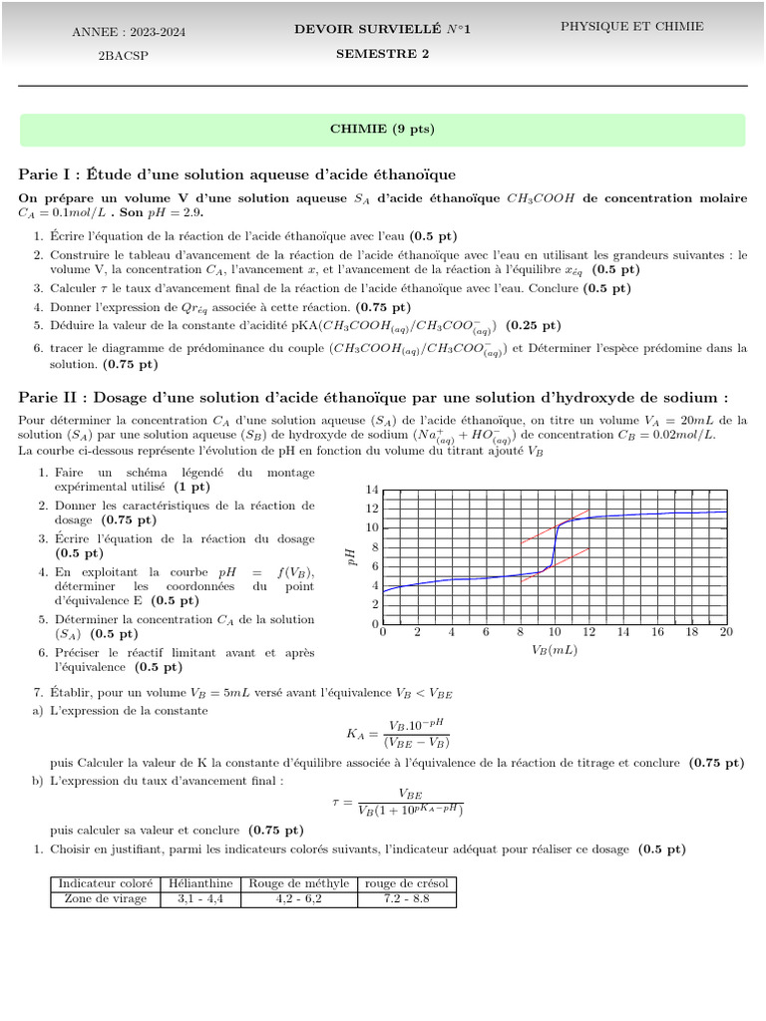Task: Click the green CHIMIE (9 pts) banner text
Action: (x=382, y=130)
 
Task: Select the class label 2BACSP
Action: (x=122, y=56)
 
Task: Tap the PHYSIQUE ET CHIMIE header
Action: (x=631, y=27)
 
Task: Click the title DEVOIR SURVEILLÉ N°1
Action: (x=382, y=30)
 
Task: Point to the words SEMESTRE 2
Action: (x=382, y=54)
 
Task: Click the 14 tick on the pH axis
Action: (x=373, y=490)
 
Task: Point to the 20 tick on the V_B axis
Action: (x=725, y=632)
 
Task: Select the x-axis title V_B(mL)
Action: (x=555, y=650)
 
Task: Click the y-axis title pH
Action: (x=351, y=557)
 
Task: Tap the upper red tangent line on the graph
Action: (x=555, y=527)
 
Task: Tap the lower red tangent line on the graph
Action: (x=555, y=564)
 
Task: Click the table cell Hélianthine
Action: (x=200, y=883)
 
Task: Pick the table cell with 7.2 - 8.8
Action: (x=406, y=898)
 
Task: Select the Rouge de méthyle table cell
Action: (x=299, y=883)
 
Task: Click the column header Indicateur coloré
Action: (x=106, y=883)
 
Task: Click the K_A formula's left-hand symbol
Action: (x=356, y=734)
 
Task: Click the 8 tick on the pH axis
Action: (x=373, y=547)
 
